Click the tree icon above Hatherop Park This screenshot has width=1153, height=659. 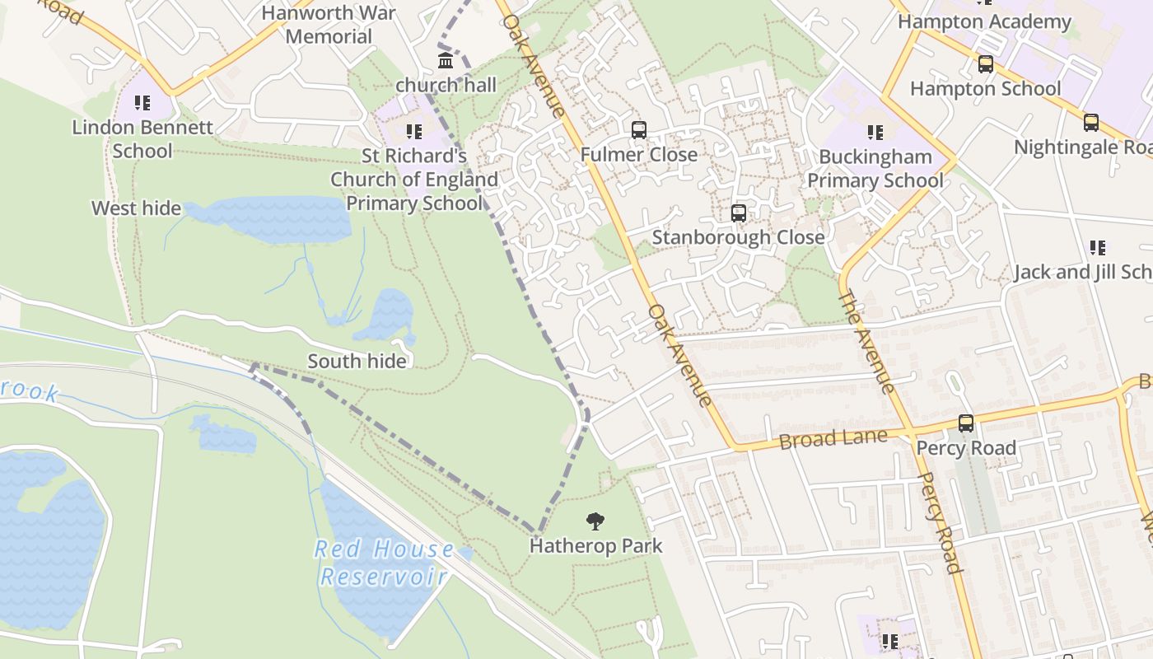click(x=595, y=521)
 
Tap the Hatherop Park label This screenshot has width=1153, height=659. click(x=595, y=545)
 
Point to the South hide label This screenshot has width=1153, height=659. click(x=357, y=361)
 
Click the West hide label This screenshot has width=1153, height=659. click(x=136, y=208)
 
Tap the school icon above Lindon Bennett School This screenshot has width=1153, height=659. click(x=142, y=103)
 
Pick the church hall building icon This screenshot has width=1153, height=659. click(x=446, y=60)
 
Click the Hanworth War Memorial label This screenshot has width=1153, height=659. click(x=329, y=25)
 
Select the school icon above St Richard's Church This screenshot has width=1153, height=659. click(x=413, y=131)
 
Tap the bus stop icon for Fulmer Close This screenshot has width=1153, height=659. click(x=638, y=129)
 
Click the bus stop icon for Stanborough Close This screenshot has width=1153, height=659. click(x=739, y=213)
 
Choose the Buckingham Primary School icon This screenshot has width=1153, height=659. click(x=875, y=132)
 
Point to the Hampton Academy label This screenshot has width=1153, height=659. click(x=983, y=21)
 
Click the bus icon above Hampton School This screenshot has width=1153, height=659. click(x=985, y=63)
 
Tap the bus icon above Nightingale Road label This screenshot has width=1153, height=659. click(x=1090, y=123)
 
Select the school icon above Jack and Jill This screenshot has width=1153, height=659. click(x=1097, y=247)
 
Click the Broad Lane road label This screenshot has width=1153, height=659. click(x=833, y=438)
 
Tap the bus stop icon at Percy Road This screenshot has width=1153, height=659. click(x=965, y=423)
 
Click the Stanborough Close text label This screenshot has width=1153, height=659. click(x=738, y=237)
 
